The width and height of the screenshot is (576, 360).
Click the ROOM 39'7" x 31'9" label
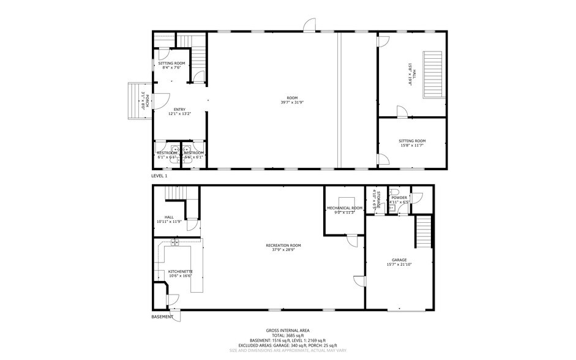pyautogui.click(x=292, y=100)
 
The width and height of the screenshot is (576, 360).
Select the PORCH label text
pyautogui.click(x=145, y=101)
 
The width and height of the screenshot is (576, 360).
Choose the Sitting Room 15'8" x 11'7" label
pyautogui.click(x=411, y=143)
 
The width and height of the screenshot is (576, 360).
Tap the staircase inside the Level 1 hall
pyautogui.click(x=433, y=73)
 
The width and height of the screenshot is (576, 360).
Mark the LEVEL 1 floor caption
pyautogui.click(x=159, y=176)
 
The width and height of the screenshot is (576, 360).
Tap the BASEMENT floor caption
pyautogui.click(x=162, y=317)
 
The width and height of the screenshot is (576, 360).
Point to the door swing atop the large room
pyautogui.click(x=310, y=25)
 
